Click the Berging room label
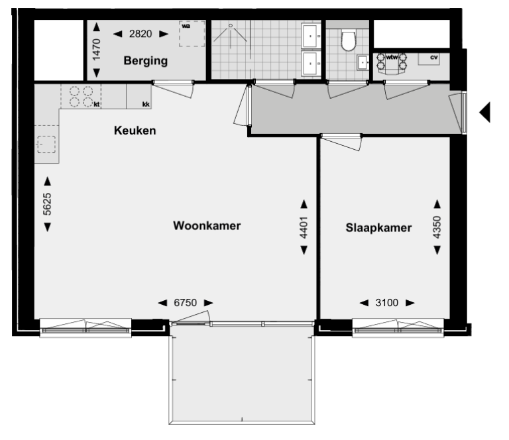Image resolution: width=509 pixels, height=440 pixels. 145,61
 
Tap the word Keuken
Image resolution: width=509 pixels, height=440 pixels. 135,131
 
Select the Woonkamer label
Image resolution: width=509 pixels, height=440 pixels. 206,225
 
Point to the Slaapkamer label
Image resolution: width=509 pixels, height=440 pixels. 378,228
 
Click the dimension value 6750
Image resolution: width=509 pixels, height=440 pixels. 186,303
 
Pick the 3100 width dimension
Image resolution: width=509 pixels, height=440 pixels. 387,303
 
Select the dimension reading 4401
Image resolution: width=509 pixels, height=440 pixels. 304,227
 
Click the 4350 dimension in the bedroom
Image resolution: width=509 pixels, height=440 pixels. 437,227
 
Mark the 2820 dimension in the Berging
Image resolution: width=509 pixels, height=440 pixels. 139,34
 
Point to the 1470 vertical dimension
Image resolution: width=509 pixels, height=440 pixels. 97,50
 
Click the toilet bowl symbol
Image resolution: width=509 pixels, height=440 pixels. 348,41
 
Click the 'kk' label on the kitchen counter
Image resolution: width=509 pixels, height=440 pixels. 146,104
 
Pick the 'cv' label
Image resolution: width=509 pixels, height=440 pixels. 434,58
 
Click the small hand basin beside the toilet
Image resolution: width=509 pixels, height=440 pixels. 363,63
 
